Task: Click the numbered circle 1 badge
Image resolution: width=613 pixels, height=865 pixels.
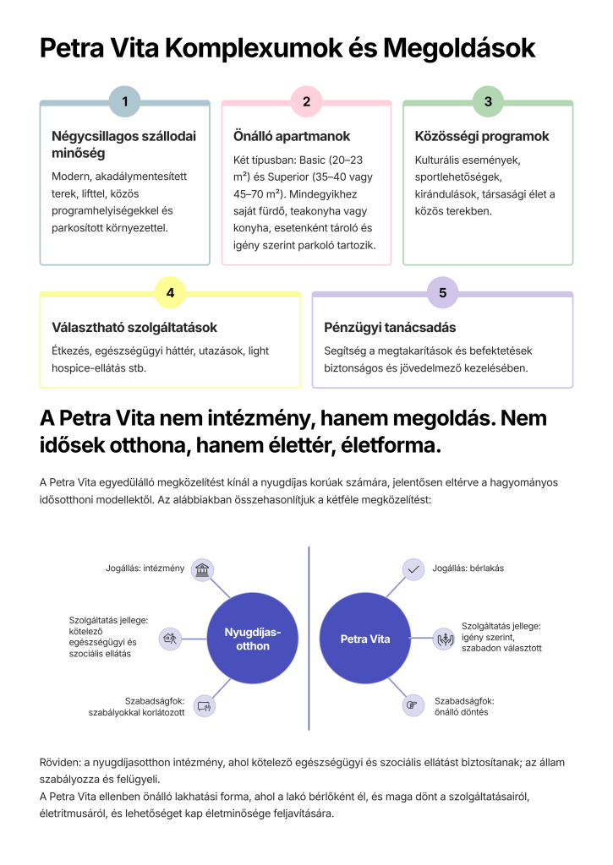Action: pyautogui.click(x=125, y=102)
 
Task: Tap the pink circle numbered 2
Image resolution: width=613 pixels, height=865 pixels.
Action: pyautogui.click(x=306, y=102)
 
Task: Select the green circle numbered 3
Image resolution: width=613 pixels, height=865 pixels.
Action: pyautogui.click(x=488, y=102)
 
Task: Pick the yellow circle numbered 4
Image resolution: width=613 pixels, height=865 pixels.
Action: pyautogui.click(x=171, y=293)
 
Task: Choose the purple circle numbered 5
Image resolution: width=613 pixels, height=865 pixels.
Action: pyautogui.click(x=442, y=293)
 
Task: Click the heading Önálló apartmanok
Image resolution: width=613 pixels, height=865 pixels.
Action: pyautogui.click(x=292, y=136)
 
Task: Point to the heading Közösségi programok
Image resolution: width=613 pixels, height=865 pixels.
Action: pyautogui.click(x=482, y=136)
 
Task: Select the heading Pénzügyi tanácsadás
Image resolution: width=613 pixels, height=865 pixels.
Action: pyautogui.click(x=390, y=327)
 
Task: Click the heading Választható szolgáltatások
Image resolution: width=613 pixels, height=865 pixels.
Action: pyautogui.click(x=134, y=327)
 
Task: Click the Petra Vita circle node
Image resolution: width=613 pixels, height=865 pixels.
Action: pyautogui.click(x=365, y=639)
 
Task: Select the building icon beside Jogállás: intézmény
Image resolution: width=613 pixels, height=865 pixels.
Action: pyautogui.click(x=202, y=569)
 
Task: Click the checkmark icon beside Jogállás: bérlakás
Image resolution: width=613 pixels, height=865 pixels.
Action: pyautogui.click(x=413, y=569)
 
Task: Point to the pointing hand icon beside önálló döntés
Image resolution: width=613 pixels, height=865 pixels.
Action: pyautogui.click(x=413, y=705)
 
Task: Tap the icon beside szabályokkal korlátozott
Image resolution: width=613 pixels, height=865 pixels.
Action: pyautogui.click(x=202, y=705)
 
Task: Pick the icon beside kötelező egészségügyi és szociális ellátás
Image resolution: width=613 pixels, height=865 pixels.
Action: pyautogui.click(x=170, y=638)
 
